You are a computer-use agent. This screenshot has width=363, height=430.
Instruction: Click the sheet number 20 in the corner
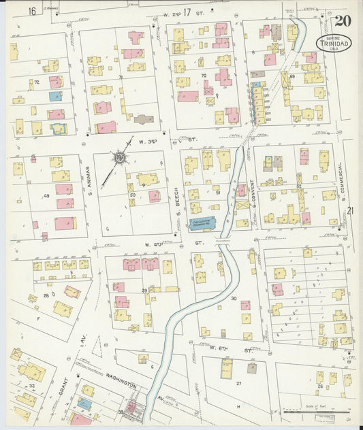tap(343, 20)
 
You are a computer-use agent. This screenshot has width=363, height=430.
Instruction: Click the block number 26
tap(319, 386)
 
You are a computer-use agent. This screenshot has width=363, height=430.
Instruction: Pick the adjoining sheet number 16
tap(31, 12)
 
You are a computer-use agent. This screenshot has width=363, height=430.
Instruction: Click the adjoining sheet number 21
tap(351, 212)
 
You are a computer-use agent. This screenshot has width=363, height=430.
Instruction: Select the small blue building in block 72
tap(54, 97)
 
